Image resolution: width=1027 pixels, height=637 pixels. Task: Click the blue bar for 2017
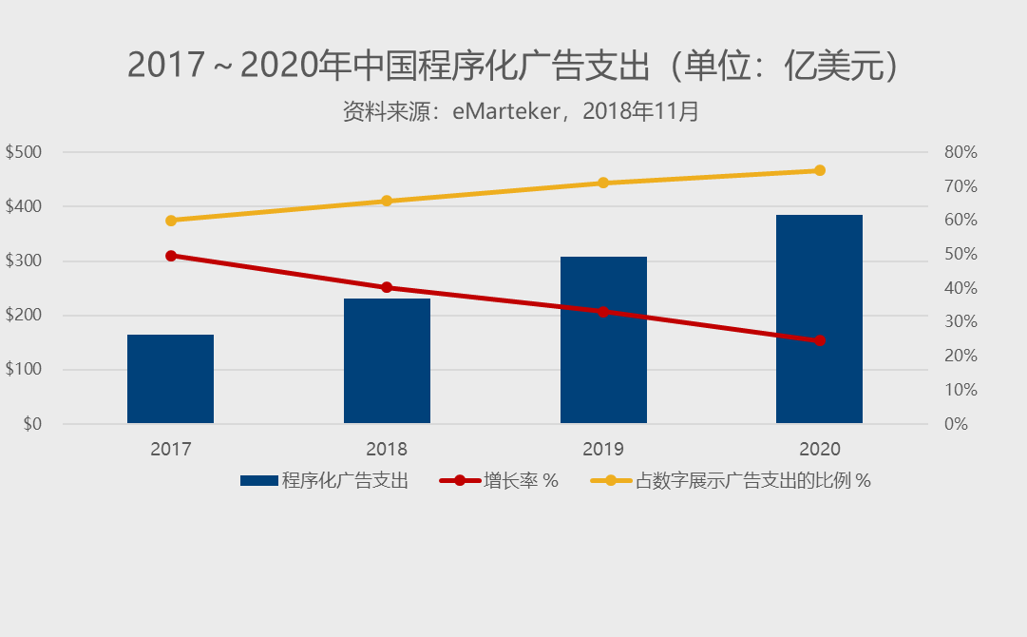[170, 378]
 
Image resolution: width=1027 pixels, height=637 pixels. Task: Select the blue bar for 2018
[387, 360]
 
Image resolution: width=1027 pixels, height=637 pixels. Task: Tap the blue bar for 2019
[603, 339]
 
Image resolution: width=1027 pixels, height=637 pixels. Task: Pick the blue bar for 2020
[819, 318]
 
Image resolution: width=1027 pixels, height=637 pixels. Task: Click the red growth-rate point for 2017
[171, 256]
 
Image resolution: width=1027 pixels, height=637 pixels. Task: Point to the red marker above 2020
[820, 340]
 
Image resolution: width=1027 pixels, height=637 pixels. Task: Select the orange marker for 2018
[387, 202]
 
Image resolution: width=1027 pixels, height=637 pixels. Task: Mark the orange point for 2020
[820, 171]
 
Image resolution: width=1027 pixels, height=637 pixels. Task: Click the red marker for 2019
[603, 312]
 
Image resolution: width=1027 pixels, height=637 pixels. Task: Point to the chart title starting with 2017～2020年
[513, 66]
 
